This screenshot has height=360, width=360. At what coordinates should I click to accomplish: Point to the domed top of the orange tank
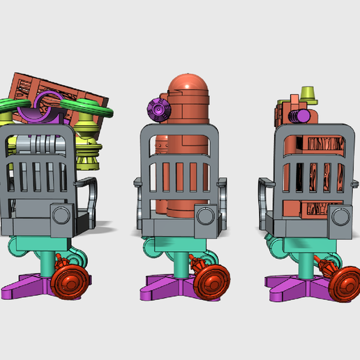(188, 83)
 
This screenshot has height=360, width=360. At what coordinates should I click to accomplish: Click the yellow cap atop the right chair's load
(308, 93)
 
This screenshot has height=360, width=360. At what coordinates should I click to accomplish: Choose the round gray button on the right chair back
(340, 216)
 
